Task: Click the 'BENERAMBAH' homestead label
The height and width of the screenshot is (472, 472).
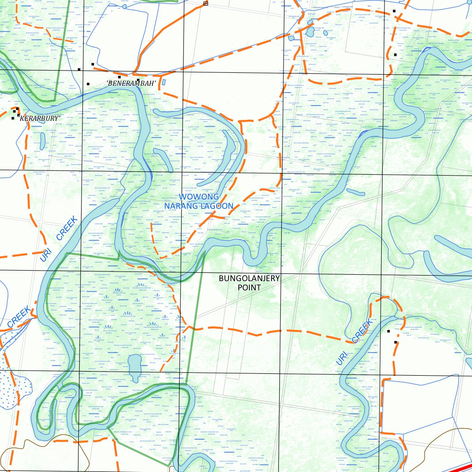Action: pyautogui.click(x=131, y=83)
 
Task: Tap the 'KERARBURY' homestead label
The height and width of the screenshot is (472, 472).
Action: pyautogui.click(x=39, y=118)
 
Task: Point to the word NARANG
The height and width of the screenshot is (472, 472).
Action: pyautogui.click(x=182, y=206)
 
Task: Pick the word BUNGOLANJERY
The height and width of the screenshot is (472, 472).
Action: pyautogui.click(x=249, y=278)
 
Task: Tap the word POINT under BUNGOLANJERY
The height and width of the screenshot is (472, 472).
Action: pyautogui.click(x=249, y=288)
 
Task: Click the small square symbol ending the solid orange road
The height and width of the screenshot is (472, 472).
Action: pyautogui.click(x=206, y=3)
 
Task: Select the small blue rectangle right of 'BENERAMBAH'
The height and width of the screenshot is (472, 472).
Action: pyautogui.click(x=164, y=83)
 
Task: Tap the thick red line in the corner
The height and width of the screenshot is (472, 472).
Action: pyautogui.click(x=459, y=466)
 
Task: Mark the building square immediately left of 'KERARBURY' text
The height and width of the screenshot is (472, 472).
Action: pyautogui.click(x=13, y=118)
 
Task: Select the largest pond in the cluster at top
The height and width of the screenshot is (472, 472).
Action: pyautogui.click(x=310, y=32)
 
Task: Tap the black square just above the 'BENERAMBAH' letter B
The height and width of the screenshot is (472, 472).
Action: pyautogui.click(x=119, y=77)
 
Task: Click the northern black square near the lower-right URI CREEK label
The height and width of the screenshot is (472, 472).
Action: pyautogui.click(x=389, y=331)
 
